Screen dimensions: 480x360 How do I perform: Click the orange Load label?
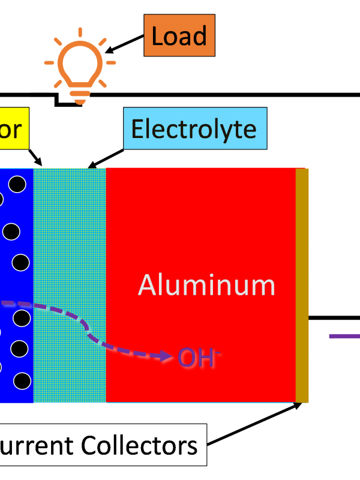coord(179,35)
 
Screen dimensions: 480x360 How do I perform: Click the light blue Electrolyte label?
coord(194,128)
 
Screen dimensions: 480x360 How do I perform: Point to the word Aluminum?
coord(206,285)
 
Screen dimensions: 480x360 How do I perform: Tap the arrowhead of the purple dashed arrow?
coord(172,356)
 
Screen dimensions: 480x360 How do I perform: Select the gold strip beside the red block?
coord(302,285)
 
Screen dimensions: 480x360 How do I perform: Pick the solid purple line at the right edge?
coord(344,336)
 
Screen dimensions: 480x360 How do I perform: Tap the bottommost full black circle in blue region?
coord(22,380)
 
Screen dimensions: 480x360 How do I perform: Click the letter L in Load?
coord(157,36)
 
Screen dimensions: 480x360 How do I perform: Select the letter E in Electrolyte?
coord(137,129)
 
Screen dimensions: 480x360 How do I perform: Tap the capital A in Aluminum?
coord(148,285)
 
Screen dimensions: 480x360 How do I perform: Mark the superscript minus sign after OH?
coord(218,353)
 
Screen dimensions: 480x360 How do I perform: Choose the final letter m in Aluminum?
coord(263,287)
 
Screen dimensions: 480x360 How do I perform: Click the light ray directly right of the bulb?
coord(110,62)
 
